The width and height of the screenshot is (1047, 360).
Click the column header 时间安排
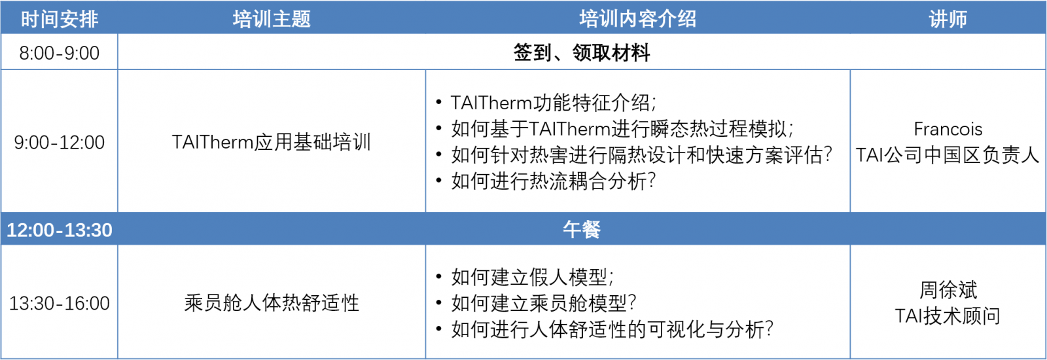(60, 19)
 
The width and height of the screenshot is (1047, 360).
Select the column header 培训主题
(272, 19)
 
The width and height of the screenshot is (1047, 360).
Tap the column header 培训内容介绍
(637, 19)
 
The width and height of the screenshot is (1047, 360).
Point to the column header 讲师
(948, 19)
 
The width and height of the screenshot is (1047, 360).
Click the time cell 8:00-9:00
(60, 53)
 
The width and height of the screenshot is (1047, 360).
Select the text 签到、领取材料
(582, 52)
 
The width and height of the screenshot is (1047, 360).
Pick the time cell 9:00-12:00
(60, 143)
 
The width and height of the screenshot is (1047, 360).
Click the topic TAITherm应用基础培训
(272, 142)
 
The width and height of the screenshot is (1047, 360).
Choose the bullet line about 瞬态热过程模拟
(622, 129)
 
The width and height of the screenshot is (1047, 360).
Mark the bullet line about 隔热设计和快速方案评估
(642, 155)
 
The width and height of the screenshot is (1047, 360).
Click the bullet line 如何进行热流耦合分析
(554, 181)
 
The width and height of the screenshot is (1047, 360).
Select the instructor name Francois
(948, 129)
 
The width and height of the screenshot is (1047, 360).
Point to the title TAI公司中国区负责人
(948, 155)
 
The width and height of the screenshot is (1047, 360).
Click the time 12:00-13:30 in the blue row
(60, 230)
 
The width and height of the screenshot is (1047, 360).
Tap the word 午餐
(582, 230)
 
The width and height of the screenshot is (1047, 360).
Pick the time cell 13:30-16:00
(60, 304)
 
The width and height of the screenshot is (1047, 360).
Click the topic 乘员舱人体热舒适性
(272, 303)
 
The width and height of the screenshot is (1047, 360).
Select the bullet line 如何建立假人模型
(533, 278)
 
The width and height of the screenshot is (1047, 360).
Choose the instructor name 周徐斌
(948, 290)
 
